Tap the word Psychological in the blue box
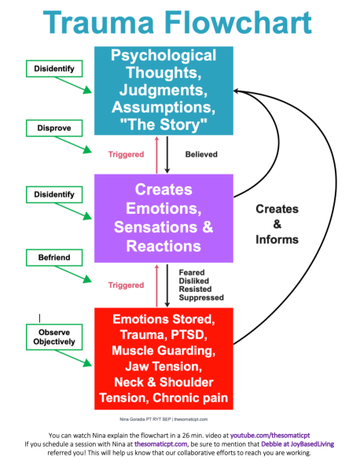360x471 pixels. click(162, 57)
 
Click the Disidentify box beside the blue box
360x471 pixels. click(54, 68)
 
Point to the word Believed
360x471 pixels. click(201, 155)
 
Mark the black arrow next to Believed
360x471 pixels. click(167, 155)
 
